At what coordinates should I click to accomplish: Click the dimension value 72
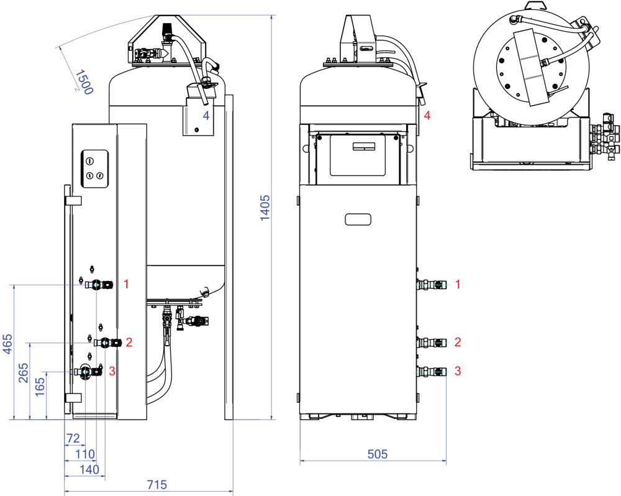pos(73,439)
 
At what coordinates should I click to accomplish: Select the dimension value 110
pos(84,454)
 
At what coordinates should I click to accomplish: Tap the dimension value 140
pos(89,469)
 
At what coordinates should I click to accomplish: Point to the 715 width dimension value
pos(156,485)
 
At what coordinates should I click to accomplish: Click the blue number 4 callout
pos(206,116)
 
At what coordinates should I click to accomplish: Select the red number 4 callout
pos(427,116)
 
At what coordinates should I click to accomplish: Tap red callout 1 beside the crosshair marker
pos(126,285)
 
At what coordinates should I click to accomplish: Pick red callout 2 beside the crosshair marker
pos(129,342)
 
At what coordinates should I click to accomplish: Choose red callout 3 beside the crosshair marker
pos(112,371)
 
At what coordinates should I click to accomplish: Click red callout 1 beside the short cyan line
pos(458,285)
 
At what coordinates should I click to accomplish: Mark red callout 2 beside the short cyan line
pos(458,342)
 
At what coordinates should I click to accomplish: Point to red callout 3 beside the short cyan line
pos(458,371)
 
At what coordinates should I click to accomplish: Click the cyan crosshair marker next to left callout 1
pos(96,285)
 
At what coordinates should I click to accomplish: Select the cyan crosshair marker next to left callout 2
pos(105,342)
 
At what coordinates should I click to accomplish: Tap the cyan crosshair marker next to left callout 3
pos(85,372)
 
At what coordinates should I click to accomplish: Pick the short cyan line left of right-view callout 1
pos(432,285)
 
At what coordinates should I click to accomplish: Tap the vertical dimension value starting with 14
pos(265,208)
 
